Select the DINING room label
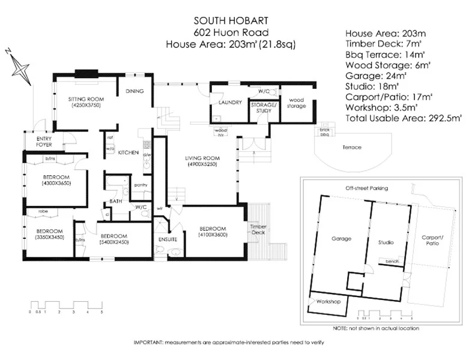click(x=133, y=91)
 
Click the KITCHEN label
click(x=129, y=153)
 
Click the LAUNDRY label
click(x=230, y=103)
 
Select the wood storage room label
click(x=297, y=103)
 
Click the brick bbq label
click(x=325, y=132)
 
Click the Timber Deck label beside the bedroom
click(x=258, y=229)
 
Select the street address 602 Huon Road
click(x=231, y=32)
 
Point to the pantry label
click(x=141, y=185)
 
